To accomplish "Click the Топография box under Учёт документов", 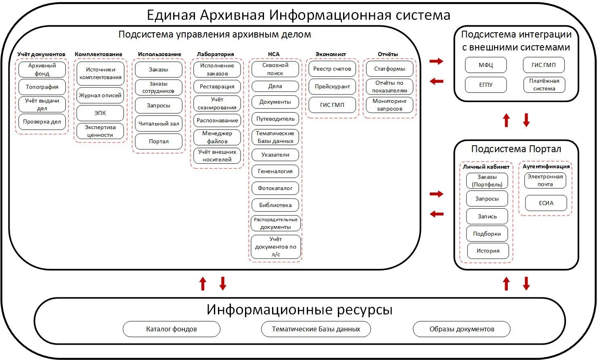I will (42, 87).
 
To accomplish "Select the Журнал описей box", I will (100, 96).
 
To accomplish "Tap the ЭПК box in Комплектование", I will (100, 113).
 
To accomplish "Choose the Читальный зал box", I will (159, 123).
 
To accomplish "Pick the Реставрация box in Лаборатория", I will (217, 86).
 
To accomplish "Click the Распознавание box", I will (217, 120).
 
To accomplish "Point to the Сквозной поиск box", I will (275, 69).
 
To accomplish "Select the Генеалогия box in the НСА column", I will (275, 171).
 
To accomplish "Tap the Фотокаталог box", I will (275, 188).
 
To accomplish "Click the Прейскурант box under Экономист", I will (332, 87).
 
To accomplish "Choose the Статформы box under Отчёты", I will (390, 69).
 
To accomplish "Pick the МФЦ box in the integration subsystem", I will (486, 65).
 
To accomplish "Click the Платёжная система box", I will (544, 85).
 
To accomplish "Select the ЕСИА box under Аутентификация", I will (546, 203).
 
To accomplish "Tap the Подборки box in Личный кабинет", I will (487, 234).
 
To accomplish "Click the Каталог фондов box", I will (172, 329).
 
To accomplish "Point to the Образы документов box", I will (462, 329).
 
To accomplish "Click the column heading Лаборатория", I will (216, 54).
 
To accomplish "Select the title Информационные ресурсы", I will (300, 310).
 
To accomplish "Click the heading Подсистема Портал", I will (516, 149).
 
